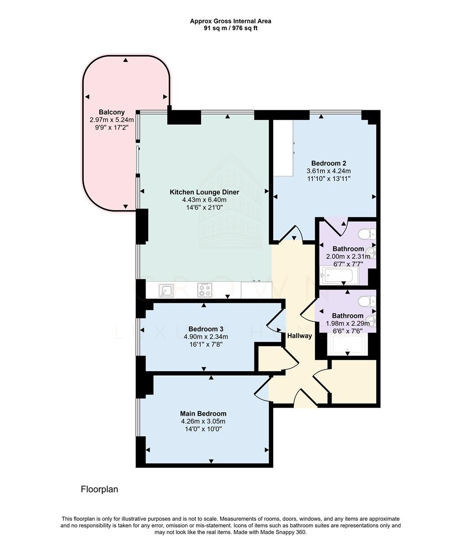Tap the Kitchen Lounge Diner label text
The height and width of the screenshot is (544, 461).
pyautogui.click(x=204, y=192)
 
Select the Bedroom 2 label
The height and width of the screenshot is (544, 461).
pyautogui.click(x=328, y=163)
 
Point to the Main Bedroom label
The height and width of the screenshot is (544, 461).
pyautogui.click(x=204, y=414)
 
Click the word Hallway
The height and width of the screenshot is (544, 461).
pyautogui.click(x=300, y=336)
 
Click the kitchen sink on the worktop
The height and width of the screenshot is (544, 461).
pyautogui.click(x=166, y=291)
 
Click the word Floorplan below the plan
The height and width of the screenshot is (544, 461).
pyautogui.click(x=99, y=489)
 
